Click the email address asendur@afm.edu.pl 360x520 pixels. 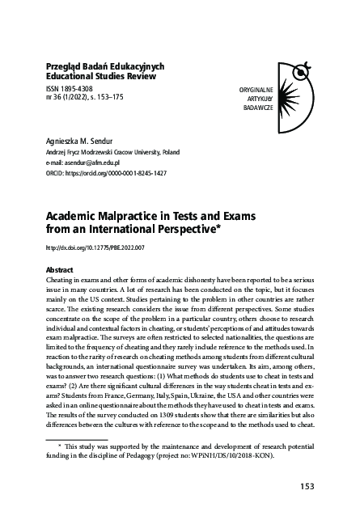91,163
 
